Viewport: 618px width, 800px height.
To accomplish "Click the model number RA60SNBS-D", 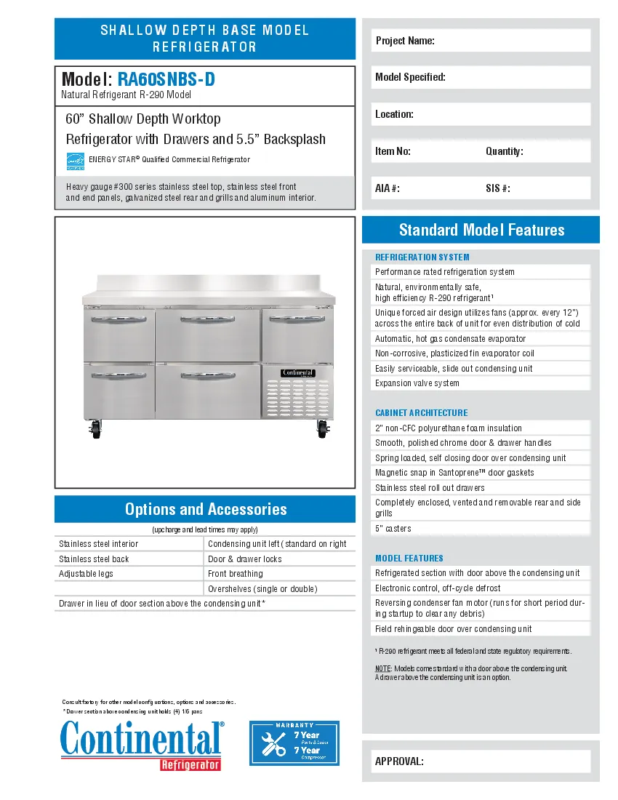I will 166,79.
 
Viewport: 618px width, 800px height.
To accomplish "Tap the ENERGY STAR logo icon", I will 76,161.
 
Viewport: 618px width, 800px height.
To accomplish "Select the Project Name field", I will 481,41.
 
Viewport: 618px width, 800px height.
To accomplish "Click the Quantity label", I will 504,151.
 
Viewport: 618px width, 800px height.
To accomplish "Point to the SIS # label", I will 497,188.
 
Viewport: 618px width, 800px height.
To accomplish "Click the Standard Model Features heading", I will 481,230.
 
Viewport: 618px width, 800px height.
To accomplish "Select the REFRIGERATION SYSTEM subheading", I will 422,257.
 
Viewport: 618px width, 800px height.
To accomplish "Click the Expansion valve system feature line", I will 417,383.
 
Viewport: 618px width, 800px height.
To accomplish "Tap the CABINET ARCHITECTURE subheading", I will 421,412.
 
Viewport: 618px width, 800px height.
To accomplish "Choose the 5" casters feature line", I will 393,529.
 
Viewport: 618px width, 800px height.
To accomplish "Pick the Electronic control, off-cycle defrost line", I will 438,588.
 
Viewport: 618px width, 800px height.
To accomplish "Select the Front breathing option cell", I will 235,574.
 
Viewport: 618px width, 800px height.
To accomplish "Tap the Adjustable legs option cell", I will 86,574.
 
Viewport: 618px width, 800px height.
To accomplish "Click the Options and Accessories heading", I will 205,509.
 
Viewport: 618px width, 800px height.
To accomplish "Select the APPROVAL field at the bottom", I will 481,761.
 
